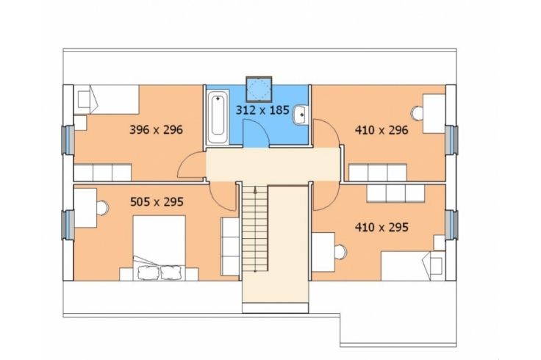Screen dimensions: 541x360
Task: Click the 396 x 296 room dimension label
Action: (156, 130)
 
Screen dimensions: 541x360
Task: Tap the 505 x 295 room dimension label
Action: (157, 202)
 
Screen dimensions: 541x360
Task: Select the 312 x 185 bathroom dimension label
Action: (262, 110)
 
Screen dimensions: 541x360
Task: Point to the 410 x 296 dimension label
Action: (381, 130)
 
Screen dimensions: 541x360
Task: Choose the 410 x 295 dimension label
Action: (381, 227)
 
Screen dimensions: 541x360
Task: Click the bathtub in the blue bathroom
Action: (218, 117)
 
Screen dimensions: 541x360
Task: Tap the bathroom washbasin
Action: (300, 115)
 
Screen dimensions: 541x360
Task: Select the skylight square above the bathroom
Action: (259, 90)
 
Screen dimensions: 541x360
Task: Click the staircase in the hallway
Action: (255, 228)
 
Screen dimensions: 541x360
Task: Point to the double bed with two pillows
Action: (159, 248)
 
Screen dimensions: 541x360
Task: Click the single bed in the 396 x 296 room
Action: (107, 99)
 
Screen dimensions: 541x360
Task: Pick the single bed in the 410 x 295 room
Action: (413, 266)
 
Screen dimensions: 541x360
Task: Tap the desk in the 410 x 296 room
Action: (434, 113)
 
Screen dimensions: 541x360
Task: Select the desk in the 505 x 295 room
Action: (85, 208)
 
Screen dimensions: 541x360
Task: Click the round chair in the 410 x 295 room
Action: (340, 252)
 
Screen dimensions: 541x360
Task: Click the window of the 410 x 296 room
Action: (451, 140)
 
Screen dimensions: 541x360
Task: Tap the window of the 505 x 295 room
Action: (68, 225)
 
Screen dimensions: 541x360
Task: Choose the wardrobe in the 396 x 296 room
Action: (103, 173)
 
